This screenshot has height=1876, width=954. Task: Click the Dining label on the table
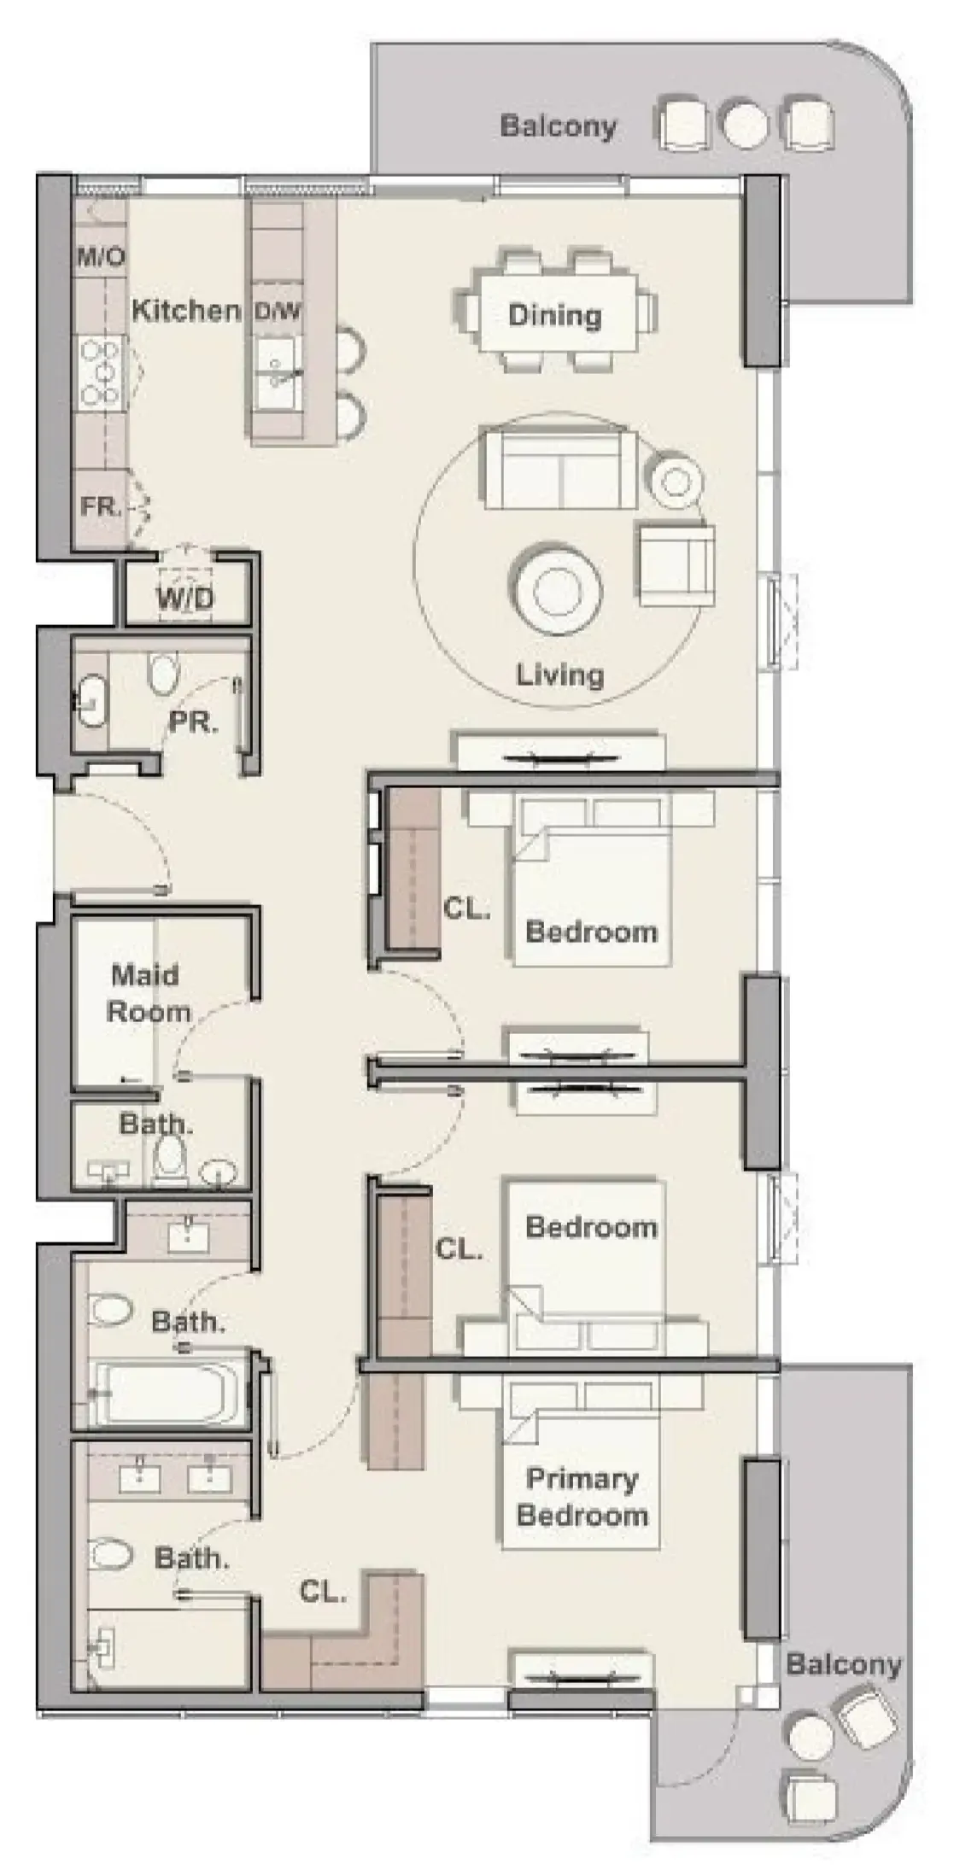coord(554,315)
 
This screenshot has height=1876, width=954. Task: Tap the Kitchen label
coord(185,310)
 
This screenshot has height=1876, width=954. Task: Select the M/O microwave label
coord(102,257)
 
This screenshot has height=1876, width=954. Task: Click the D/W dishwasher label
coord(278,312)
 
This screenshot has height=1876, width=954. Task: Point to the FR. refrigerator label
coord(101,506)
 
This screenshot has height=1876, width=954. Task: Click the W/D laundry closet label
coord(185,599)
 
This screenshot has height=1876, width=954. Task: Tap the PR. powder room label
coord(194,722)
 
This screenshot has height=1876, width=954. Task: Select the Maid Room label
coord(148,994)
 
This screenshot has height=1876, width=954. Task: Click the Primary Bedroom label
coord(582,1497)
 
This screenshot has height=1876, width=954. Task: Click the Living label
coord(559,675)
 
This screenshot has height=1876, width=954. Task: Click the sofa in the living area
coord(559,470)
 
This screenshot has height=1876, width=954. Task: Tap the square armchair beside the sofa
coord(676,564)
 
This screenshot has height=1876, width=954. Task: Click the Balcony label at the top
coord(558,126)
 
